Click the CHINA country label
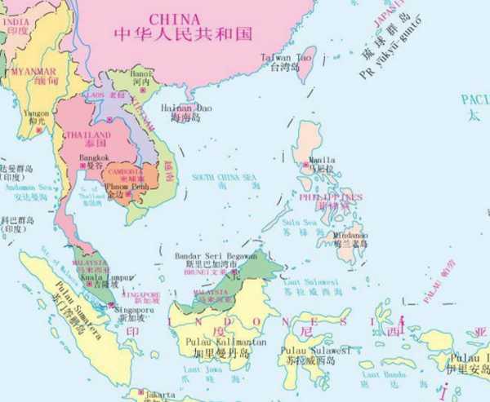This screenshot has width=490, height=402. pyautogui.click(x=174, y=18)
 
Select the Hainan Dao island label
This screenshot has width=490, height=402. pyautogui.click(x=191, y=107)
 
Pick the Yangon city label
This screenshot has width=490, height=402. pyautogui.click(x=37, y=113)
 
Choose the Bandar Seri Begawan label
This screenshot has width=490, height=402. pyautogui.click(x=211, y=255)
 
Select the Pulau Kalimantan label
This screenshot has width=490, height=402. pyautogui.click(x=218, y=343)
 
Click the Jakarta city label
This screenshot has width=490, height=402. pyautogui.click(x=160, y=395)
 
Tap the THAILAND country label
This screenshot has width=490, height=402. pyautogui.click(x=90, y=135)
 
